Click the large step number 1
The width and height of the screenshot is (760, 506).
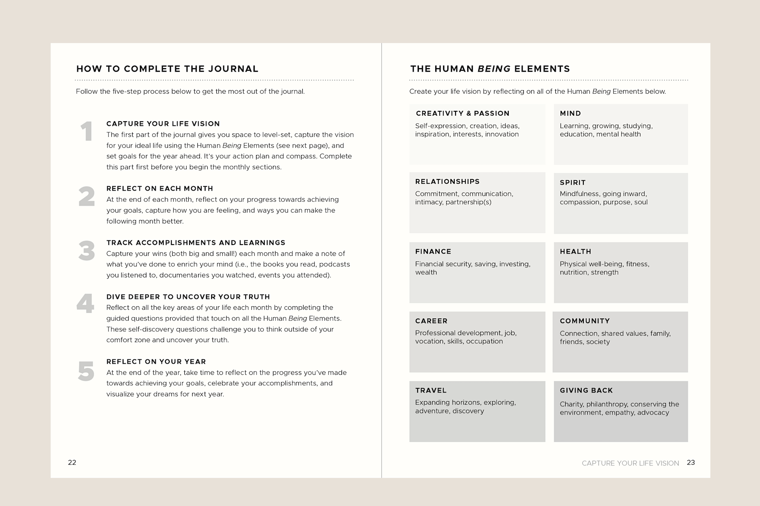86,131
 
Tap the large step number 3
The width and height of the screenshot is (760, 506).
86,251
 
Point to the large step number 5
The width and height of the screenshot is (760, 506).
86,371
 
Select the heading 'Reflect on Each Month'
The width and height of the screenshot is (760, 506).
160,189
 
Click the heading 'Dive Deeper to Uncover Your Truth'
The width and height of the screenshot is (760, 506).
188,297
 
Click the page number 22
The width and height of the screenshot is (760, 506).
72,462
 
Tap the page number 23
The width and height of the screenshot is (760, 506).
691,462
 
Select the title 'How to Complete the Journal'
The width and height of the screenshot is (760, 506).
167,69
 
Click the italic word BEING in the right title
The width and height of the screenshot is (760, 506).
494,69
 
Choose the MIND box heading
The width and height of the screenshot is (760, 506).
570,113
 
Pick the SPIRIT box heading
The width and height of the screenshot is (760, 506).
573,182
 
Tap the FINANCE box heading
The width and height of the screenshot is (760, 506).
433,251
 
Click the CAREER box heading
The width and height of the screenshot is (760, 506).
431,321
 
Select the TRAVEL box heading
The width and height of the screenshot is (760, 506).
431,390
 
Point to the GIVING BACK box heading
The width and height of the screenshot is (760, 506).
586,390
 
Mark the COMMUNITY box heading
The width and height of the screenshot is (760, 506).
585,321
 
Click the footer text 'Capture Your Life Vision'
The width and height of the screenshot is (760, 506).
630,463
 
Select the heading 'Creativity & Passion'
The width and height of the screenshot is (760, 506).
462,113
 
